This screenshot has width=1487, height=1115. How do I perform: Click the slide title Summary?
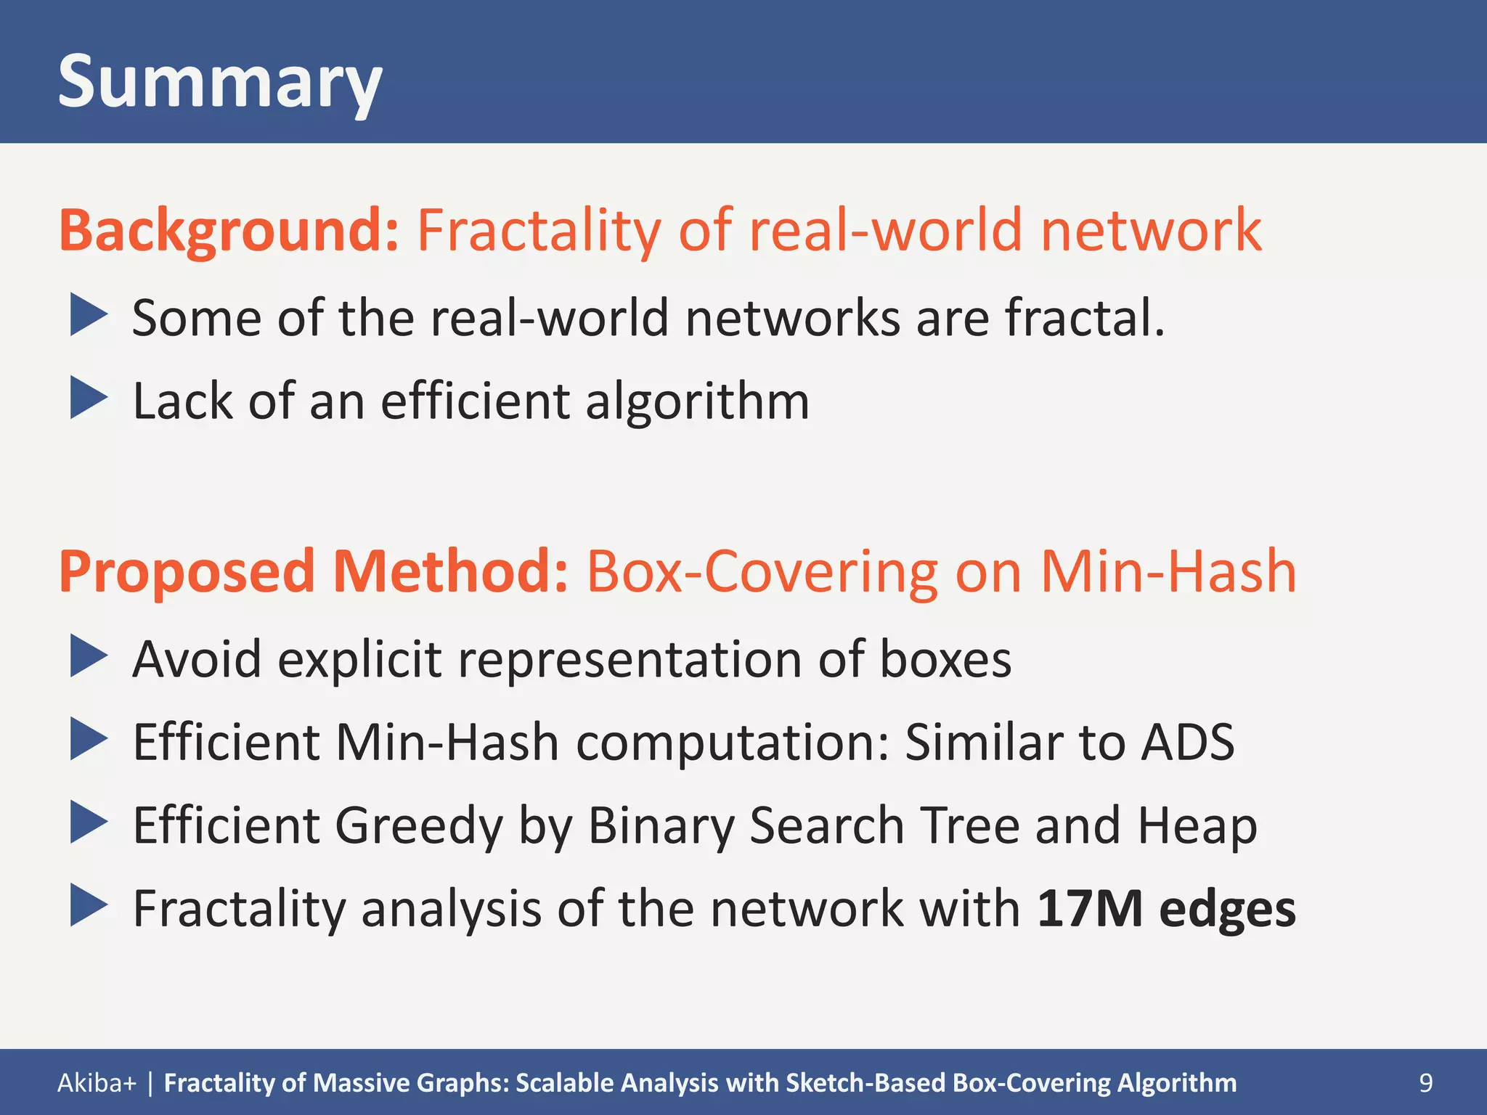[x=219, y=82]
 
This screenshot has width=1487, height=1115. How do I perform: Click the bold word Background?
[x=229, y=231]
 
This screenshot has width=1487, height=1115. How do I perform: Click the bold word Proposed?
[x=187, y=572]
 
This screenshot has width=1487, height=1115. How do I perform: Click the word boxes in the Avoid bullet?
[x=945, y=659]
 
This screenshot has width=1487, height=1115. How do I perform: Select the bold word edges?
[x=1227, y=910]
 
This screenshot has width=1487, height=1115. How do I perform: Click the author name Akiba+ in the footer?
[x=97, y=1082]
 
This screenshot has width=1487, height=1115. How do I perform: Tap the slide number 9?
[x=1425, y=1082]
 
